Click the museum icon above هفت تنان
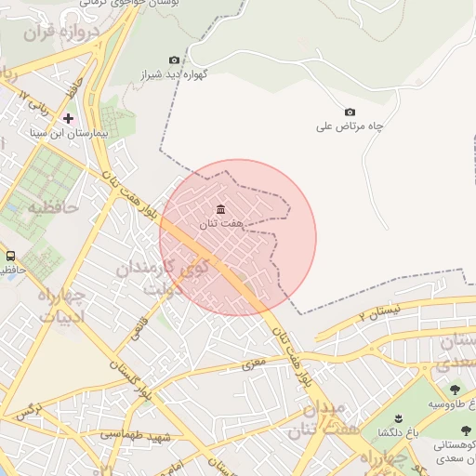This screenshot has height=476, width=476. pyautogui.click(x=219, y=208)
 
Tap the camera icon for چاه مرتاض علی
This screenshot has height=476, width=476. pyautogui.click(x=350, y=112)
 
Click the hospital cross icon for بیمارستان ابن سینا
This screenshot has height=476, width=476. pyautogui.click(x=69, y=118)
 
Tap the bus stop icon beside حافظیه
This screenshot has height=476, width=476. pyautogui.click(x=10, y=256)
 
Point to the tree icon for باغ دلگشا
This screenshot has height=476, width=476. pyautogui.click(x=397, y=417)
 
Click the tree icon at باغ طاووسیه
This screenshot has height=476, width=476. pyautogui.click(x=455, y=390)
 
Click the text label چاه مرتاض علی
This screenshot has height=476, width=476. pyautogui.click(x=350, y=126)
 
